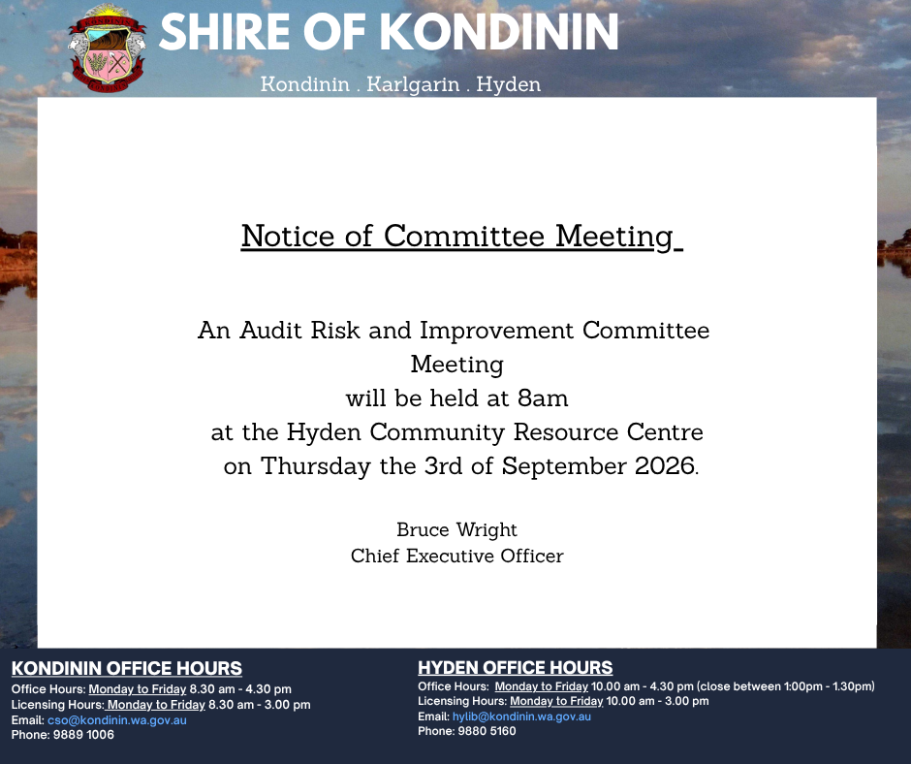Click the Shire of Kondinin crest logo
click(107, 48)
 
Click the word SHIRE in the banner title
click(224, 32)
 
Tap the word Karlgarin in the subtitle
click(413, 84)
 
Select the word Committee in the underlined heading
click(463, 236)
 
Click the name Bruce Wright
click(456, 530)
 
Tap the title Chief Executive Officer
click(456, 556)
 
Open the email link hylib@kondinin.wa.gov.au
click(521, 716)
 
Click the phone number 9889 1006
click(83, 734)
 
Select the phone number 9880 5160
click(487, 731)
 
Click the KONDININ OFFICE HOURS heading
click(127, 669)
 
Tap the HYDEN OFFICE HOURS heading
click(516, 667)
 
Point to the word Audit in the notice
click(271, 331)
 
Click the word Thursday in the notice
click(316, 467)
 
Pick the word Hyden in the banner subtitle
click(509, 85)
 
